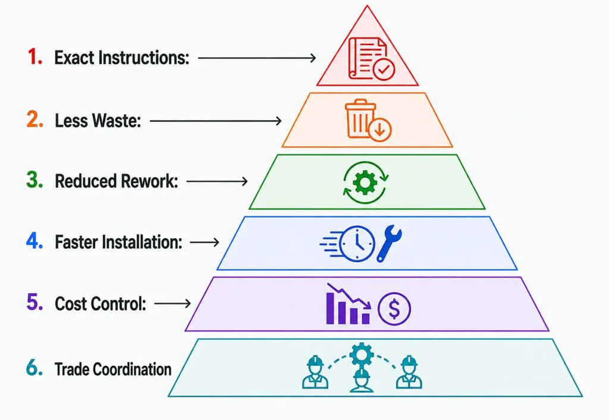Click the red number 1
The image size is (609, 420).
coord(33,56)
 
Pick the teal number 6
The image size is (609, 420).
coord(34,368)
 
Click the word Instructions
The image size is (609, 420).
coord(143,58)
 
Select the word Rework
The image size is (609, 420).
coord(149,181)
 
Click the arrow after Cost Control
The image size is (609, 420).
coord(172,304)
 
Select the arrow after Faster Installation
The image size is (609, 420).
coord(205,242)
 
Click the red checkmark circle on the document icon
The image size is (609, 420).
coord(384,70)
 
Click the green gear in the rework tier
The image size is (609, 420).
coord(365,182)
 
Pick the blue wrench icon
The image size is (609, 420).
coord(389,243)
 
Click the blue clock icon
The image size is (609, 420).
coord(357,244)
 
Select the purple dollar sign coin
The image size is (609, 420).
coord(394,309)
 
